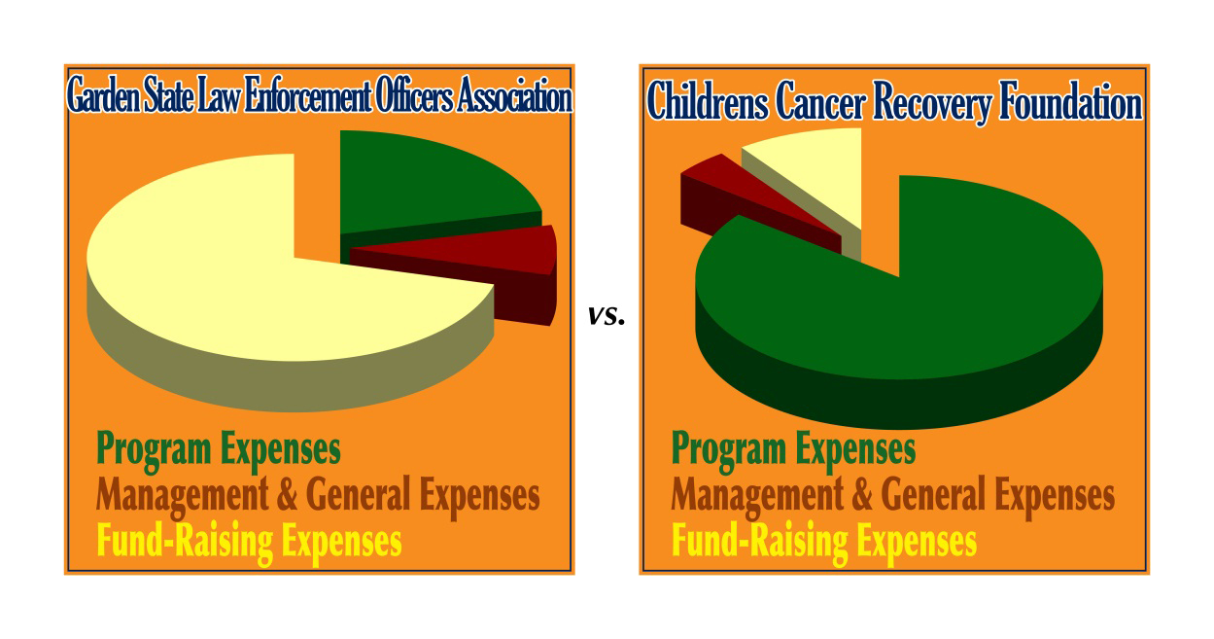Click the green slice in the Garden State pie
pos(428,185)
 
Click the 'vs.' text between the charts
pos(607,316)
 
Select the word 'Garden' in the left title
pos(103,95)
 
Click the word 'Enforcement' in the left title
pos(308,95)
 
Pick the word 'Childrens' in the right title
pos(708,101)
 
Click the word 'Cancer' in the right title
pos(820,101)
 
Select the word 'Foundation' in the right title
pos(1071,101)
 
